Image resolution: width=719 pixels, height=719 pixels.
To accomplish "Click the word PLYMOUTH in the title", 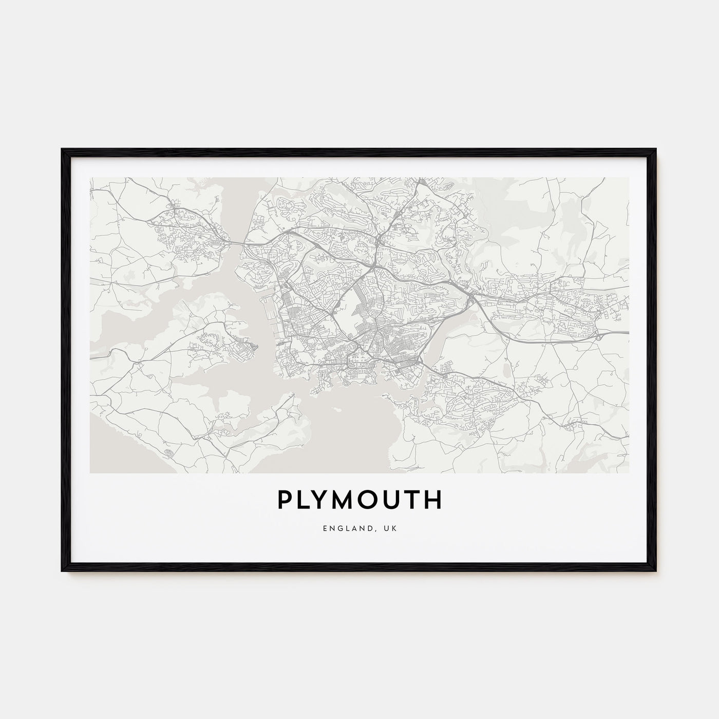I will click(x=359, y=500).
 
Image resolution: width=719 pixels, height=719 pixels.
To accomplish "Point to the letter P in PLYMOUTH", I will click(x=285, y=500).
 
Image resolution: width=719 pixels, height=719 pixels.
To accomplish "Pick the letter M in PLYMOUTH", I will click(x=348, y=500).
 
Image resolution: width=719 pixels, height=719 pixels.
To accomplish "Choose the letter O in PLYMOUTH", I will click(x=374, y=500).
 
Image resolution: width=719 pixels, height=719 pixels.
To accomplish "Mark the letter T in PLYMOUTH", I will click(x=414, y=500).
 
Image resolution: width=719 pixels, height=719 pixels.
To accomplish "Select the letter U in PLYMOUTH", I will click(x=395, y=500).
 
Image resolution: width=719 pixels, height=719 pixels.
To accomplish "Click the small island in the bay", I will click(x=337, y=409).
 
